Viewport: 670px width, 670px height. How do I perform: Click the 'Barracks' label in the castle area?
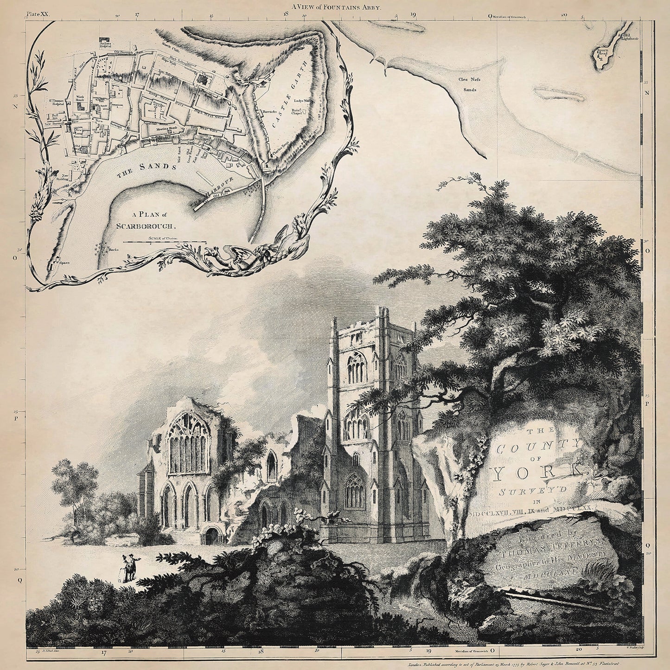[x=268, y=112]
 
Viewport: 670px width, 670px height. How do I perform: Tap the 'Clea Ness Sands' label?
[x=468, y=84]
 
